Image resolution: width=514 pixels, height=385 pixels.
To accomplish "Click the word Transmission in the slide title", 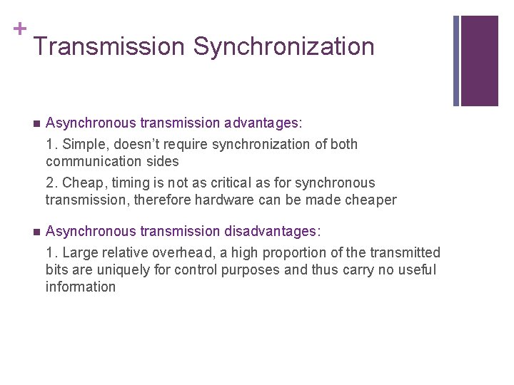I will (109, 47).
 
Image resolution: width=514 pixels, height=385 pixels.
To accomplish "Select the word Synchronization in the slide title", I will (283, 47).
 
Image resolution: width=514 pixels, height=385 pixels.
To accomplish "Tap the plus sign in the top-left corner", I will (20, 29).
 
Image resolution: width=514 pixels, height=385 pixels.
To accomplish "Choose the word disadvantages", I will (273, 232).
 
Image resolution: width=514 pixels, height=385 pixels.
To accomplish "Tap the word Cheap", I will (80, 183).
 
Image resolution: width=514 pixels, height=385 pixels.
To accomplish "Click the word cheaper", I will (368, 200).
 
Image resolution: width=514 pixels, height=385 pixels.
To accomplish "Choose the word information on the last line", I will (81, 287).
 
